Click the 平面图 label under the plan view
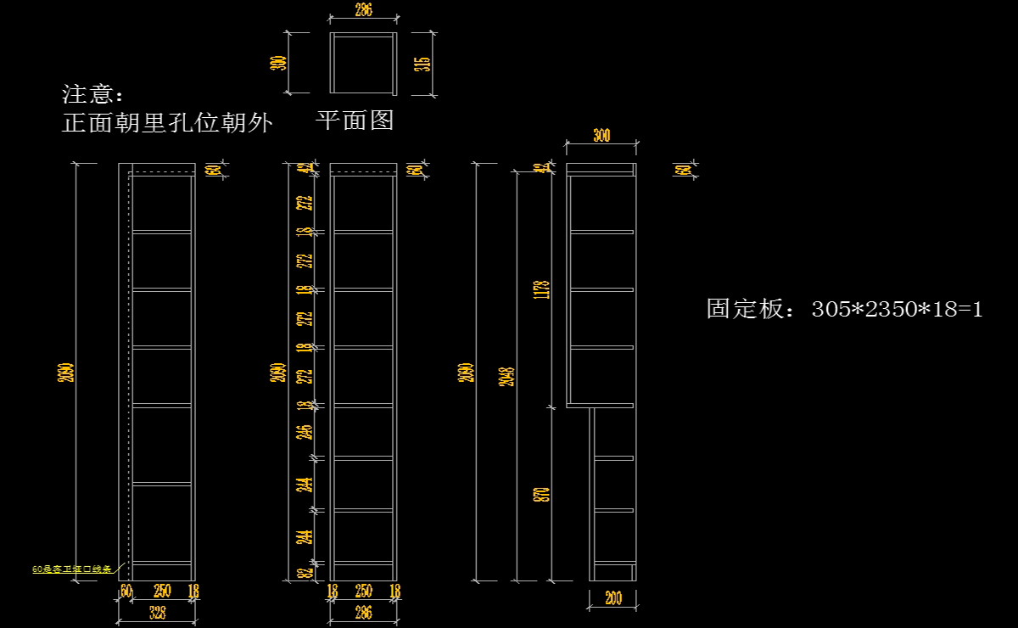pos(355,121)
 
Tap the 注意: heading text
pos(93,94)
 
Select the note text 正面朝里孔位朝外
pos(167,124)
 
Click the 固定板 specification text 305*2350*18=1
pos(845,309)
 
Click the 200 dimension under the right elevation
pos(612,598)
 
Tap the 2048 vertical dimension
pos(508,376)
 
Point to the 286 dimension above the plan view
pos(363,11)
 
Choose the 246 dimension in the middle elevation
pos(306,432)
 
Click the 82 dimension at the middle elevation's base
pos(306,573)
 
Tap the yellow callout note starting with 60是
pos(72,569)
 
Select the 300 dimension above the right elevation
pos(601,136)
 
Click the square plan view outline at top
pos(363,63)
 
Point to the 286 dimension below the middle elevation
pos(363,613)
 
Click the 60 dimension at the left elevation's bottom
pos(126,591)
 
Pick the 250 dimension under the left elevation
pos(161,591)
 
